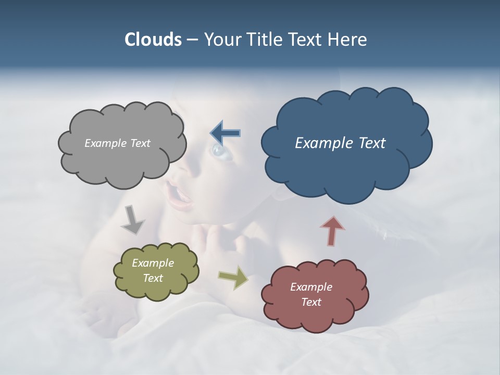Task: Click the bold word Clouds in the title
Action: (153, 40)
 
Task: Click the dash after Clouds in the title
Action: (192, 40)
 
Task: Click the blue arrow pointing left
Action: (225, 133)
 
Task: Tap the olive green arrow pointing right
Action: (233, 277)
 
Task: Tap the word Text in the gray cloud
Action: (141, 143)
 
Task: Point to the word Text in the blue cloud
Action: (371, 143)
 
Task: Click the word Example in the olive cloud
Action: (153, 263)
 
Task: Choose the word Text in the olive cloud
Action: (153, 278)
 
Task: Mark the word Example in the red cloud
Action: (311, 287)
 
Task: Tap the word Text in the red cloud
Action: (311, 302)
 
